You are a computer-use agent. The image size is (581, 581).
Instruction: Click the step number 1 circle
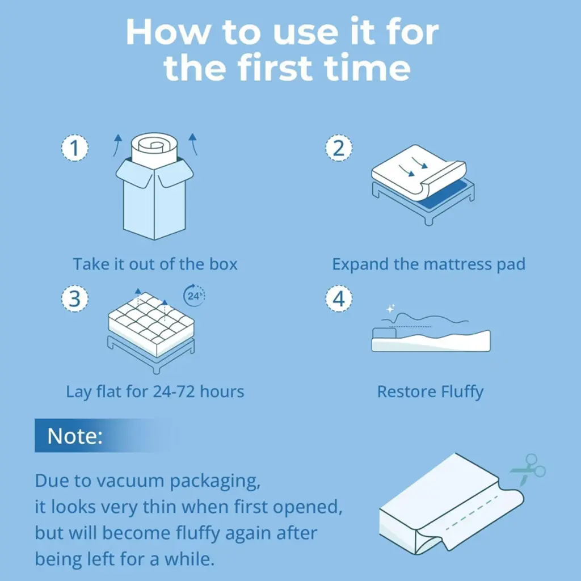pyautogui.click(x=75, y=148)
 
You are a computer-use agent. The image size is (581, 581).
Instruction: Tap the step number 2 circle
pyautogui.click(x=339, y=148)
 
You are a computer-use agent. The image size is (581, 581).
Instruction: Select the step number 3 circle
pyautogui.click(x=75, y=298)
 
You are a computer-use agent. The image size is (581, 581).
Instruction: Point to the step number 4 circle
pyautogui.click(x=339, y=298)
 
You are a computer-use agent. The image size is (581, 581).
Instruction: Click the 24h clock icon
pyautogui.click(x=195, y=295)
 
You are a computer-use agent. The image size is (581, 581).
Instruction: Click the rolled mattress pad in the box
pyautogui.click(x=154, y=150)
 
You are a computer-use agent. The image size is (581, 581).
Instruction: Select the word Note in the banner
pyautogui.click(x=74, y=436)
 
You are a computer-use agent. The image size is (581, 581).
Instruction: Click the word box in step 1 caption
pyautogui.click(x=223, y=264)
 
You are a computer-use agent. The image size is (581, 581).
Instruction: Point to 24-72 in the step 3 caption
pyautogui.click(x=174, y=391)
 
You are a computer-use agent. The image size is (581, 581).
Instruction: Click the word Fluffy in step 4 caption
pyautogui.click(x=462, y=392)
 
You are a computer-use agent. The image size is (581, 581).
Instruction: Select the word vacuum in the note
pyautogui.click(x=119, y=481)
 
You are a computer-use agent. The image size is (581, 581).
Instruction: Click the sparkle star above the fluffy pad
pyautogui.click(x=390, y=308)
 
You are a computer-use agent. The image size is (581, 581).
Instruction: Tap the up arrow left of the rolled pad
pyautogui.click(x=117, y=145)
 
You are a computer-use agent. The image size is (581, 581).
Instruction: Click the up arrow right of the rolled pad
pyautogui.click(x=193, y=144)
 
